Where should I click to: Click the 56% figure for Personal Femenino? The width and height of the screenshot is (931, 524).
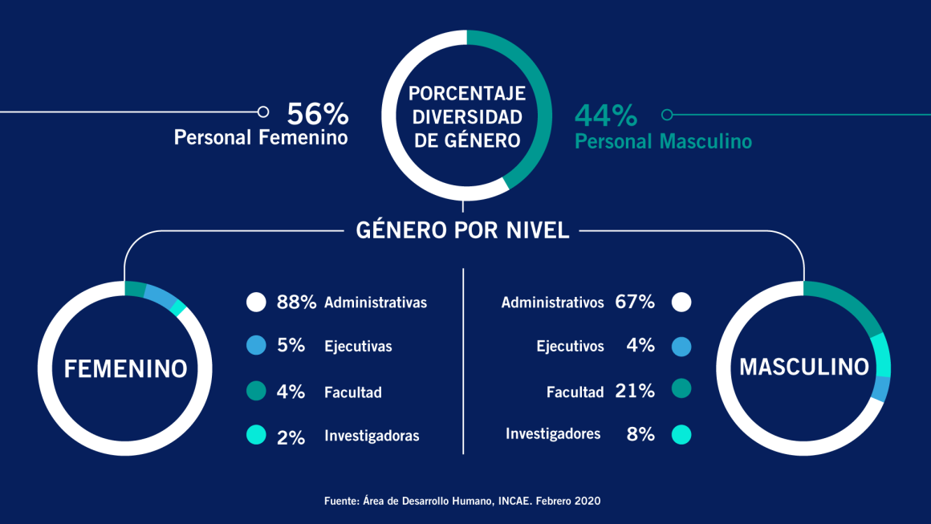tap(317, 113)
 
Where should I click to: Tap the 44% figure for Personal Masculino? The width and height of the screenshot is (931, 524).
tap(606, 116)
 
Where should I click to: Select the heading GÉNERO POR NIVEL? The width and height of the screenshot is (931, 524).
tap(462, 230)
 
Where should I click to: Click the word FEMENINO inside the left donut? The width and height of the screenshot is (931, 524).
tap(125, 368)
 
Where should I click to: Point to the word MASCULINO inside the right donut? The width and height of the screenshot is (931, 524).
tap(804, 367)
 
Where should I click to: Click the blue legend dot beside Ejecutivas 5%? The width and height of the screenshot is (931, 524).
tap(256, 347)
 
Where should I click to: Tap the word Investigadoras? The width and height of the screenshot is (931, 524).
tap(372, 437)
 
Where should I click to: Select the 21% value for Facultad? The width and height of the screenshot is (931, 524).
tap(635, 391)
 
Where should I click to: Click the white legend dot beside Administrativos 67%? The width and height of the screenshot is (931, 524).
tap(681, 303)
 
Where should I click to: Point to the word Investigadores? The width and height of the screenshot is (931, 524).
tap(553, 434)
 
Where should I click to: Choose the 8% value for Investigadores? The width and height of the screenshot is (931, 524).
tap(640, 435)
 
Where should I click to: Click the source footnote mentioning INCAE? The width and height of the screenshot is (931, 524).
tap(462, 501)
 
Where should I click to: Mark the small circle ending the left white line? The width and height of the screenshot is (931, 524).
tap(262, 112)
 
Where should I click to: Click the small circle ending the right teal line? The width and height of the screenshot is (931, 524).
tap(666, 114)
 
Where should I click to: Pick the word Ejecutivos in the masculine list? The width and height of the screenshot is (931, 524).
tap(570, 347)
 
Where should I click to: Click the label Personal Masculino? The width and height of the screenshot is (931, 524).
tap(664, 142)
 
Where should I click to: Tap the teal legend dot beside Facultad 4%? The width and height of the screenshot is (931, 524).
tap(256, 392)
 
